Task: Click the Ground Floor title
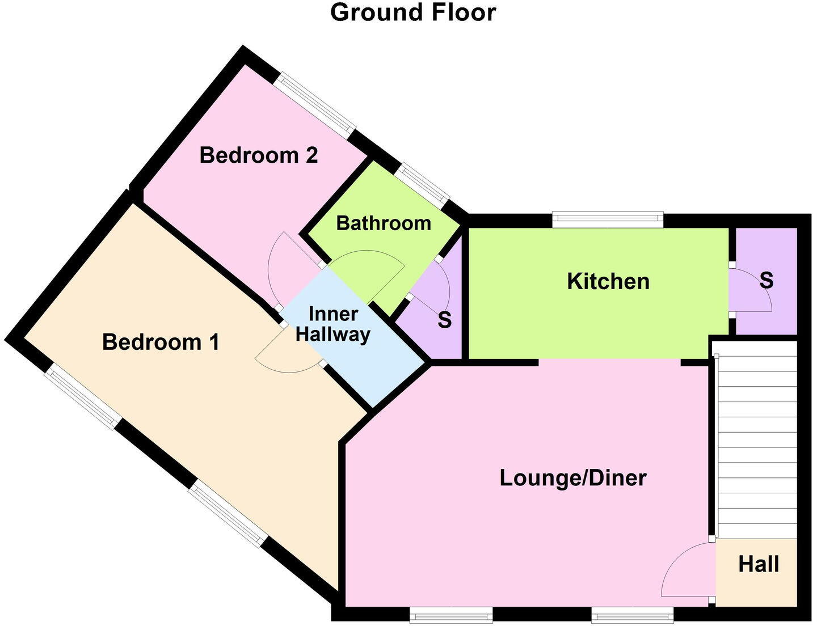[412, 12]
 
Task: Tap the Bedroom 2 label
[258, 155]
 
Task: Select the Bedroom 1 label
[161, 342]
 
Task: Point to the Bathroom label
[384, 223]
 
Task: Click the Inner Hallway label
[333, 324]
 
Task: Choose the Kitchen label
[608, 282]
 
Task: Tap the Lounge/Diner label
[572, 478]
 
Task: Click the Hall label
[759, 564]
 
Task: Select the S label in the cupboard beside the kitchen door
[766, 281]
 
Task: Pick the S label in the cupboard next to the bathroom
[444, 321]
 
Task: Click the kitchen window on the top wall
[608, 220]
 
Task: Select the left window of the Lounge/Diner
[451, 614]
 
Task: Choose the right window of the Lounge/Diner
[632, 614]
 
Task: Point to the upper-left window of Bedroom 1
[83, 396]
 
